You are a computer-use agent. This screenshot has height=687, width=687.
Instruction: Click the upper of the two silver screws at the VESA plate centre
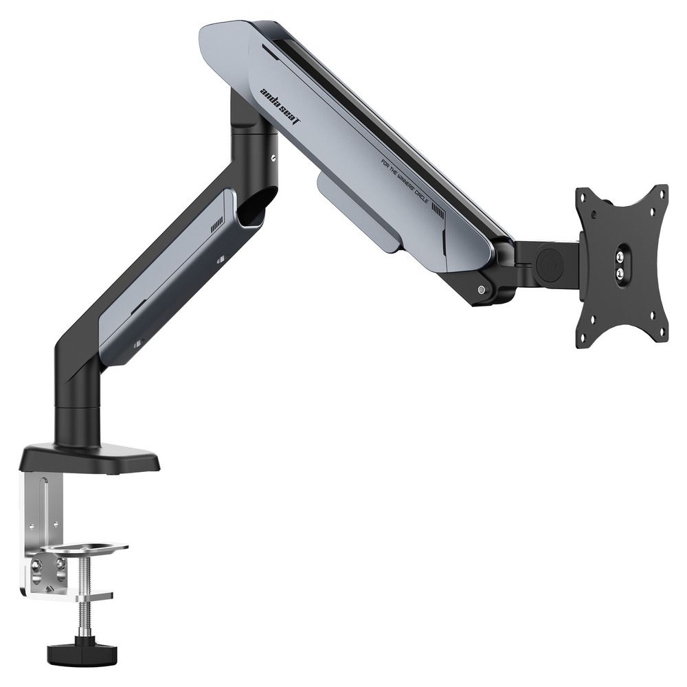620,258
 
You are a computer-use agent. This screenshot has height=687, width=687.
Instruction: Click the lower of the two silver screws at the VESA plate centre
620,273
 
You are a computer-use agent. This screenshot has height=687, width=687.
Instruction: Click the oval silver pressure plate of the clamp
84,549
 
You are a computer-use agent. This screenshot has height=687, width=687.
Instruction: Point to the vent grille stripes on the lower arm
217,224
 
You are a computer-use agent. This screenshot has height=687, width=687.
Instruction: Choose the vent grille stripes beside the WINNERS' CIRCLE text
438,214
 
